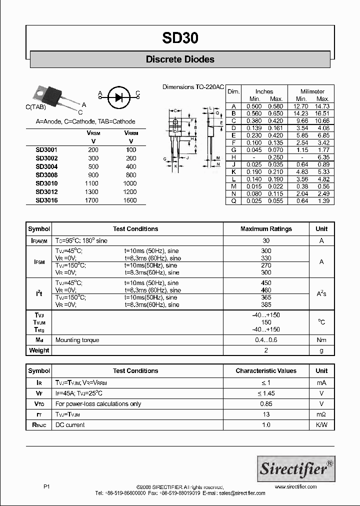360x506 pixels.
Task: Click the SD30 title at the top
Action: (180, 38)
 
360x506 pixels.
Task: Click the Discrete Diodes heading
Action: (180, 59)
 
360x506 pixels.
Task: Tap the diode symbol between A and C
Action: (118, 96)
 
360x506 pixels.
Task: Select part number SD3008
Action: (46, 175)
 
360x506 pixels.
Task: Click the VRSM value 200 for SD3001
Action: (93, 150)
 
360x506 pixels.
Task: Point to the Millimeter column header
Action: (312, 91)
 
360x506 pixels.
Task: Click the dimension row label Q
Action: (233, 200)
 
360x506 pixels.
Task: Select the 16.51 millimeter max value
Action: (322, 113)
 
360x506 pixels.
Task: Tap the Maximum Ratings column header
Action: (266, 229)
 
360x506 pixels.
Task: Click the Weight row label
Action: (39, 350)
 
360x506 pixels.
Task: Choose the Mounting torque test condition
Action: (77, 340)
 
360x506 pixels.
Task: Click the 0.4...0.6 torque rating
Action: (266, 340)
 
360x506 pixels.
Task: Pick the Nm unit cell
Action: (321, 340)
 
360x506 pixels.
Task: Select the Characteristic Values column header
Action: (266, 371)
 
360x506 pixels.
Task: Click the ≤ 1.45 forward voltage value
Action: (266, 393)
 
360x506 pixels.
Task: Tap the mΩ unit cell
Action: (321, 414)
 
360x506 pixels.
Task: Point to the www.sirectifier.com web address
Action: (296, 486)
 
